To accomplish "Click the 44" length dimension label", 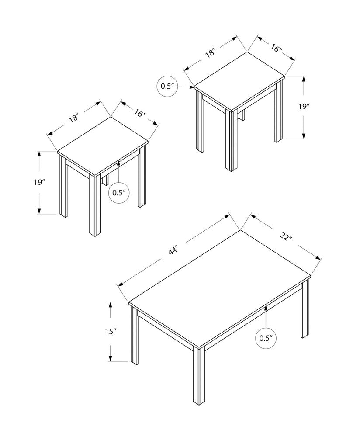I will coord(173,251).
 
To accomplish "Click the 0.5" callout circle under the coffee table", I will coord(266,338).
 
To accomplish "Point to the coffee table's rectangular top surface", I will coord(218,288).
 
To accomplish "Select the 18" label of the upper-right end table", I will coord(210,53).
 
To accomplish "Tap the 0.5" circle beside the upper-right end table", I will coord(167,86).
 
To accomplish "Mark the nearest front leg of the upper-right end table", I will coord(231,140).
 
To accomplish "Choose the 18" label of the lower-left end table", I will coord(73,118).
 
